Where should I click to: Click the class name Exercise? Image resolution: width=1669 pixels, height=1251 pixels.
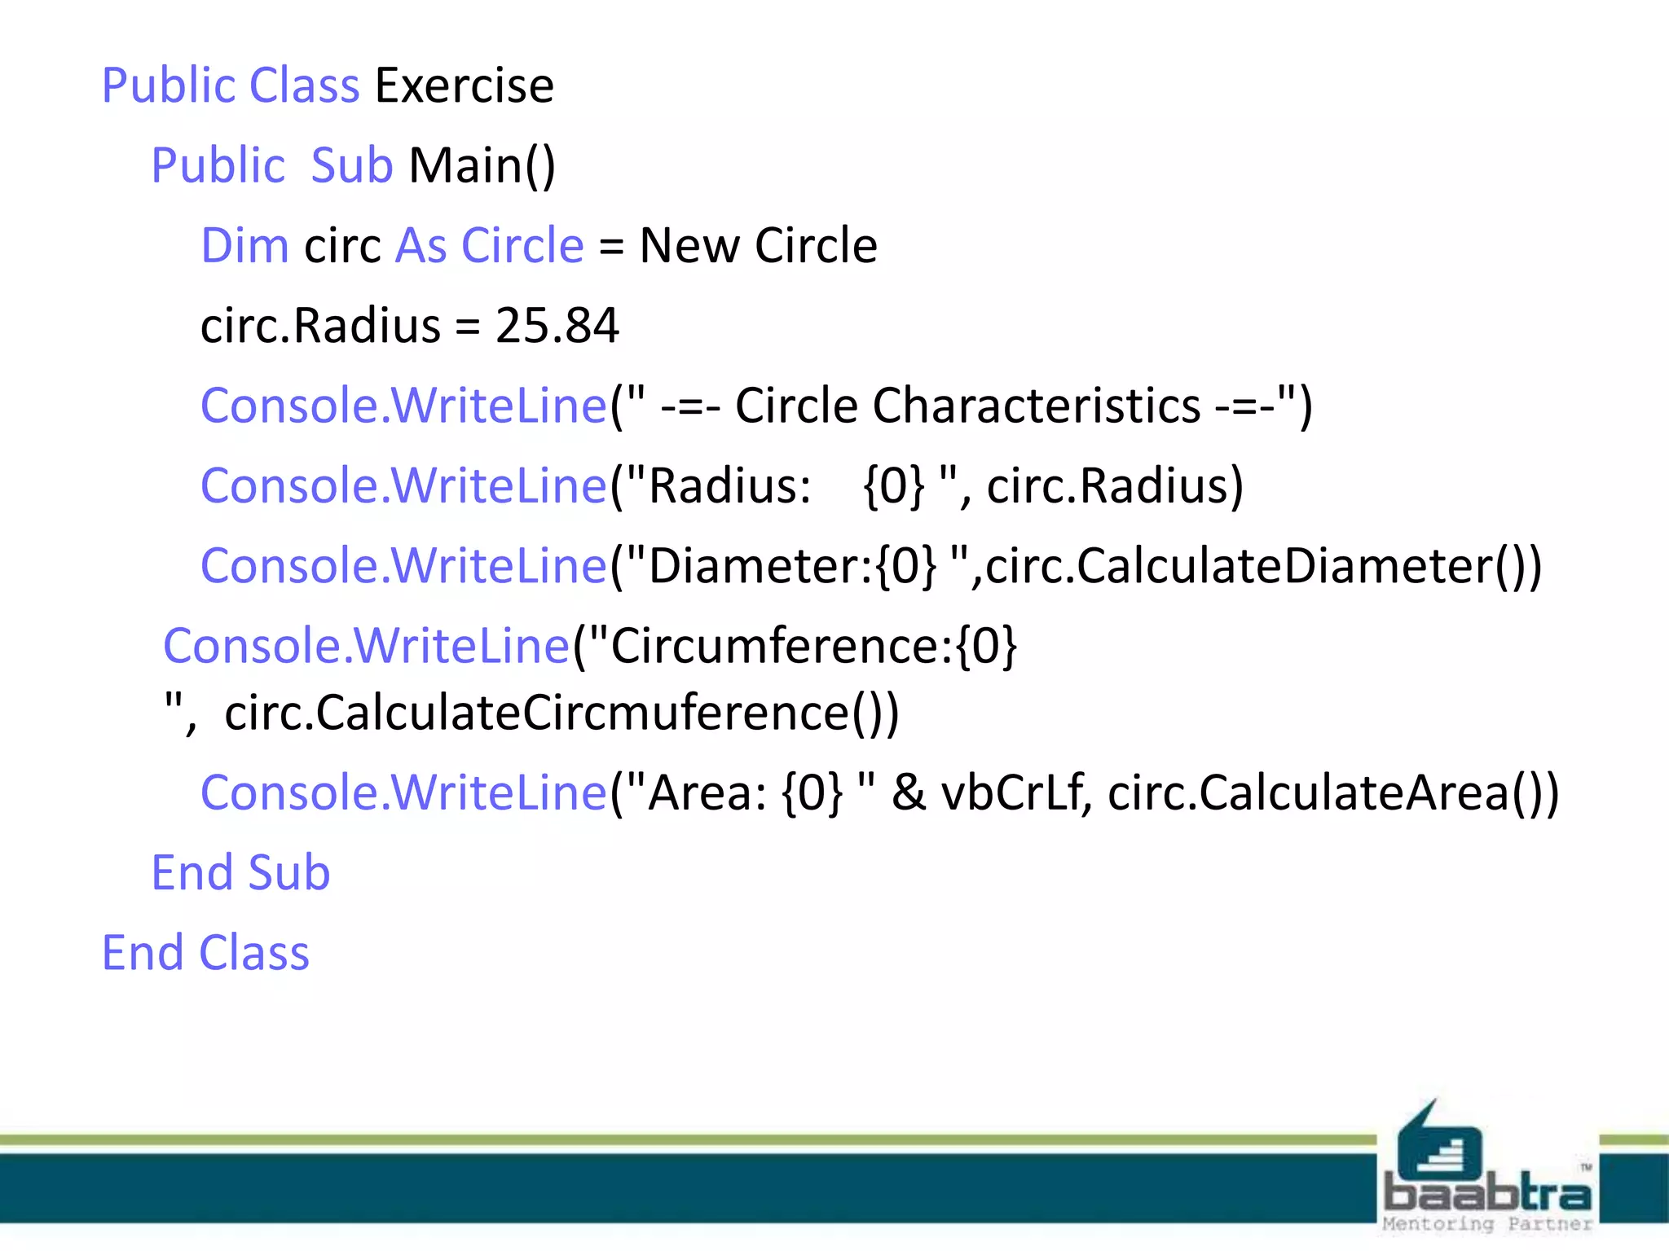465,86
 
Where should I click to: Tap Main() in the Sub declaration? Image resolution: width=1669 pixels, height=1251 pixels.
482,165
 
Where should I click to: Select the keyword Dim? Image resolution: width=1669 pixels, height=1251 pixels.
244,245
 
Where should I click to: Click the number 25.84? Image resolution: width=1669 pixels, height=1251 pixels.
557,326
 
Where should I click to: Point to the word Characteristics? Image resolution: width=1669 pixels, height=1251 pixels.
1036,406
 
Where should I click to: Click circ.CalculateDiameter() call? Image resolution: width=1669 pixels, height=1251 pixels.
1263,566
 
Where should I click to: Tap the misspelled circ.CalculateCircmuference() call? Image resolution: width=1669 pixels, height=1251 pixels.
561,713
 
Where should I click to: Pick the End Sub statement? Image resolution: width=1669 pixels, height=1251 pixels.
240,872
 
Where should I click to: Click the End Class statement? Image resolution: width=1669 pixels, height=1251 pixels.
205,952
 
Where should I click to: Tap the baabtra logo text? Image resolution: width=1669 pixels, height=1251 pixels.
1487,1194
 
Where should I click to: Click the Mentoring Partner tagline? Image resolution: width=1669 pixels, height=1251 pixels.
1487,1224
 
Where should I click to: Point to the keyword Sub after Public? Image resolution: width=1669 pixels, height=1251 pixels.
352,165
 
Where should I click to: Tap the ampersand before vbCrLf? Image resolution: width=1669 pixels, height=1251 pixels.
909,792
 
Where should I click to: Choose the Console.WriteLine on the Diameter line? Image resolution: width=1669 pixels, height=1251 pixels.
404,566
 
